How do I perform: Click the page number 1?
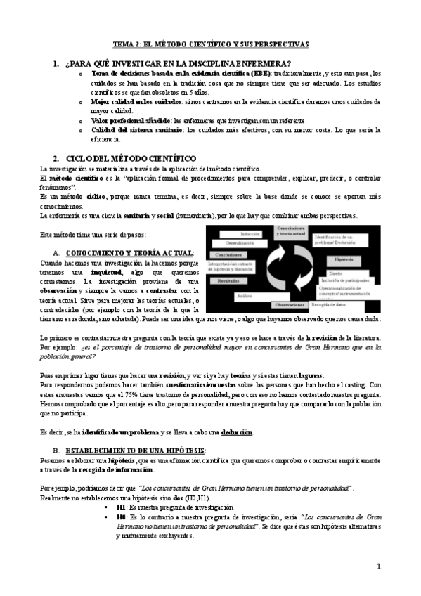click(379, 566)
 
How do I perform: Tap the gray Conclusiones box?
click(229, 254)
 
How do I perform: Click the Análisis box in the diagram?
click(245, 296)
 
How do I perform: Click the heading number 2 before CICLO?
click(56, 159)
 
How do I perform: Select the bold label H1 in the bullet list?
click(121, 506)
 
